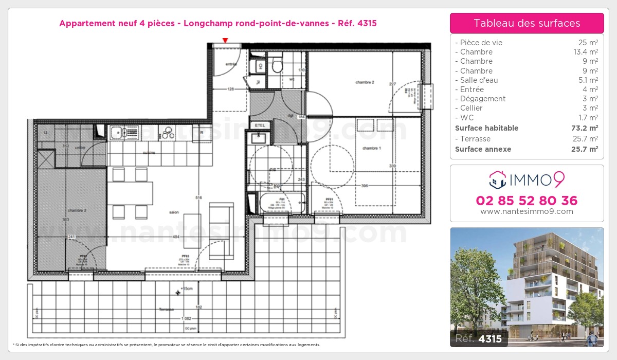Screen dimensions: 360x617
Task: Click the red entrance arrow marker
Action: [x=225, y=40]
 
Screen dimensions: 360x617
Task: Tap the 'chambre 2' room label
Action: [x=364, y=82]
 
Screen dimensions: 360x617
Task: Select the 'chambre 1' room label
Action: [x=372, y=148]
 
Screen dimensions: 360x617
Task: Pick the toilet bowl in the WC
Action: [x=277, y=65]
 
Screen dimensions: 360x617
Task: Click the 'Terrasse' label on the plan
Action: [x=167, y=310]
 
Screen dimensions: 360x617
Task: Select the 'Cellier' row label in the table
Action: [x=471, y=108]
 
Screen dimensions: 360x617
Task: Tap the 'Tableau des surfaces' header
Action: [x=527, y=23]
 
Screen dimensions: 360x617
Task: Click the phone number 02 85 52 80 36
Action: [x=527, y=201]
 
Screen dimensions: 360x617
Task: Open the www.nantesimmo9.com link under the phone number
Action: [x=527, y=211]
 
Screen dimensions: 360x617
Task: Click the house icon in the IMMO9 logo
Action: [x=497, y=179]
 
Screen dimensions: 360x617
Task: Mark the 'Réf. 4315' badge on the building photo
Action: [x=479, y=339]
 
